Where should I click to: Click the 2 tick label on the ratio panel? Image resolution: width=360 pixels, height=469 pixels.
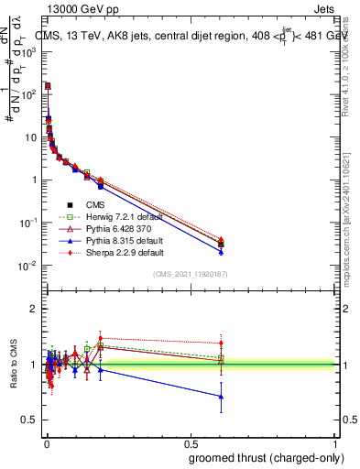tap(32, 309)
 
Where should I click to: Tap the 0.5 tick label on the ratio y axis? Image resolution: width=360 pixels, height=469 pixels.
tap(28, 420)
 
